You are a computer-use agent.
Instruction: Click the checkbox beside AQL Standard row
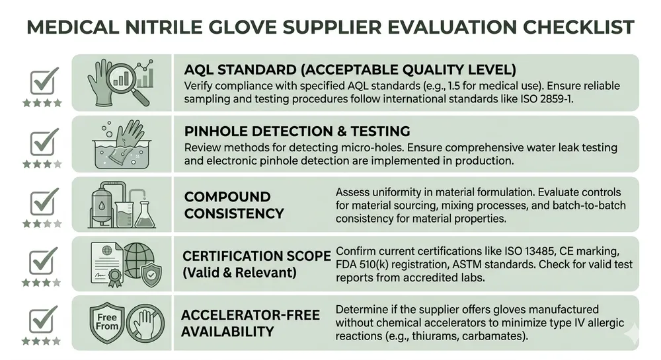pyautogui.click(x=45, y=82)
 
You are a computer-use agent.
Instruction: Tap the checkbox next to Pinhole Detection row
pyautogui.click(x=45, y=142)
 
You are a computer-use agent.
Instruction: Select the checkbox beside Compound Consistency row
pyautogui.click(x=45, y=201)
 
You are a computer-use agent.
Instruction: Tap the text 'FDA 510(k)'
pyautogui.click(x=366, y=265)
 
